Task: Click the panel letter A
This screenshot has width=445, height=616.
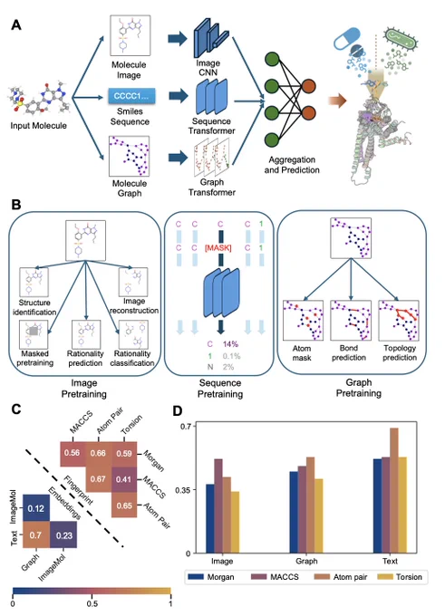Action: click(16, 25)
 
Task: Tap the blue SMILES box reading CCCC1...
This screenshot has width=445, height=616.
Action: click(131, 96)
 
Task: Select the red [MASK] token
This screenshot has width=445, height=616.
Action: click(218, 248)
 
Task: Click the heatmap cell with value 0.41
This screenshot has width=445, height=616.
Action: click(124, 479)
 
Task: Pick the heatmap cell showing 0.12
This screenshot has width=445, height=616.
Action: click(35, 508)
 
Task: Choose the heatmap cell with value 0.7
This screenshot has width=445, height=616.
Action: click(35, 534)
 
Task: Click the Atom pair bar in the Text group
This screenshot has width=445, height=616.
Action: click(394, 491)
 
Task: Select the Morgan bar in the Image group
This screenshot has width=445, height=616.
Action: click(210, 519)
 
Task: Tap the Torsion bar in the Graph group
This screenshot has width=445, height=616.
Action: click(319, 516)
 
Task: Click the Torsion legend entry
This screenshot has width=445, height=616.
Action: click(400, 577)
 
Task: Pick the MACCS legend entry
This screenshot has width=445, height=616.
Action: click(275, 577)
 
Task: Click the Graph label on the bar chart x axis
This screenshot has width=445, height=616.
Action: click(306, 561)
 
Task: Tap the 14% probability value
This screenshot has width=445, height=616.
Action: click(230, 344)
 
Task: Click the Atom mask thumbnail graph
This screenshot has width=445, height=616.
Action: click(303, 320)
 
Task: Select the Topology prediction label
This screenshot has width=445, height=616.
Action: click(400, 352)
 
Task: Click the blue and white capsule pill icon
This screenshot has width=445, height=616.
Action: click(347, 38)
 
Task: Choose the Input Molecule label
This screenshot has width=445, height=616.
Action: click(39, 126)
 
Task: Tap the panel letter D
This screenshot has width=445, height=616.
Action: click(178, 411)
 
